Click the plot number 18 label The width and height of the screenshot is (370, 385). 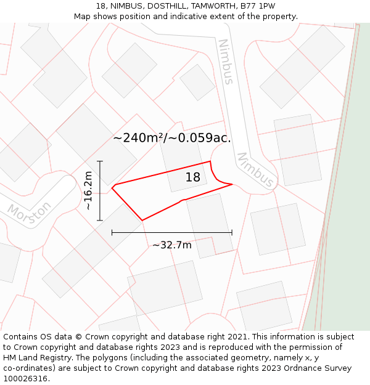193,177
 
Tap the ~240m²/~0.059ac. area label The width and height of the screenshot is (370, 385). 172,138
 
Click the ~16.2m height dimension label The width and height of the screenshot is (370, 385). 89,190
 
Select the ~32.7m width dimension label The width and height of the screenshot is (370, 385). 172,245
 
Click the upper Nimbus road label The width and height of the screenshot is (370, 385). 226,62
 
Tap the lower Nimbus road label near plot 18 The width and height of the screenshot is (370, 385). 255,171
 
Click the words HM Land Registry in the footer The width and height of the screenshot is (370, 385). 34,358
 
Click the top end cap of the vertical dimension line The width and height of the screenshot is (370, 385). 100,161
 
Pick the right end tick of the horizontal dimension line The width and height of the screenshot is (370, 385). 232,232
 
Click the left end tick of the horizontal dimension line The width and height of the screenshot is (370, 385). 112,232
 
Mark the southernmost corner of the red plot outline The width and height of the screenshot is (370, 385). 142,220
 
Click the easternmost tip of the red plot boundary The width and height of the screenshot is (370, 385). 232,184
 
